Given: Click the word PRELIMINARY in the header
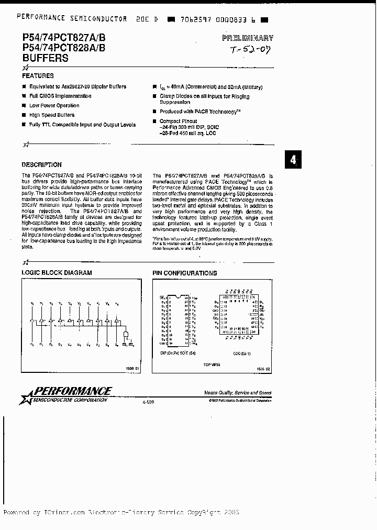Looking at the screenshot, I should tap(247, 38).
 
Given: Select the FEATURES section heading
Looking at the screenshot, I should tap(38, 76).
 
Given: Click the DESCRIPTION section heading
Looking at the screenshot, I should tap(42, 164).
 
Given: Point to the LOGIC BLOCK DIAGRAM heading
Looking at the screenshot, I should tap(57, 273).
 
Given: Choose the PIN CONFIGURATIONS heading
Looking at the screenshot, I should tap(184, 273).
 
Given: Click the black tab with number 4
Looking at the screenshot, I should tap(293, 160).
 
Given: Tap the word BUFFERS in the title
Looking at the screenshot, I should tap(45, 59).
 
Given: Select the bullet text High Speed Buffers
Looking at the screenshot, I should tap(52, 115).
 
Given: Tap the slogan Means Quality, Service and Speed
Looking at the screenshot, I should tap(238, 393).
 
